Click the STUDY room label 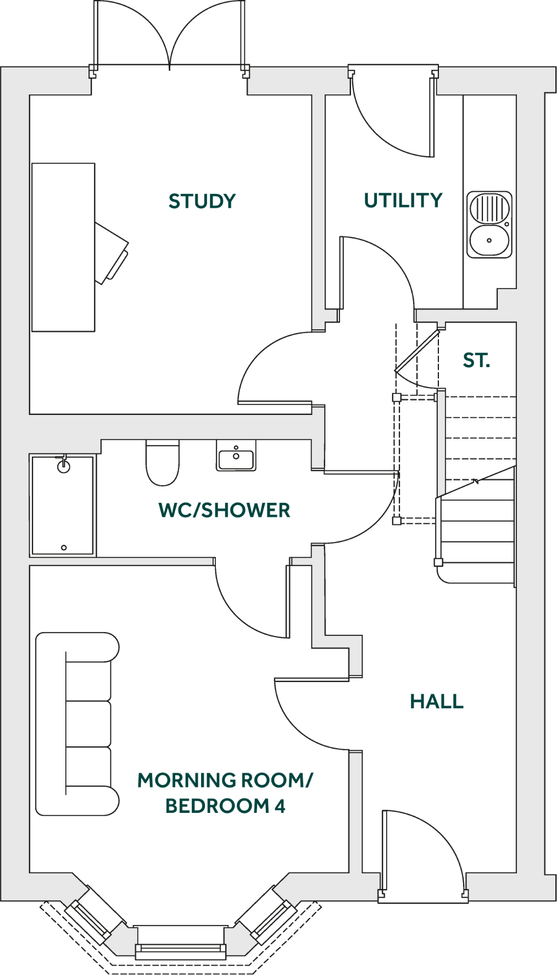(202, 201)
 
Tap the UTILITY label (403, 201)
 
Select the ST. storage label (476, 361)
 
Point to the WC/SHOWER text (224, 511)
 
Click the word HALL (437, 702)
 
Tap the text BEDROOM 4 (225, 806)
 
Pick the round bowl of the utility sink (489, 240)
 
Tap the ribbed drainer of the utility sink (489, 208)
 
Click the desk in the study (63, 247)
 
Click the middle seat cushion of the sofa (88, 724)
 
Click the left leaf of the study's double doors (97, 33)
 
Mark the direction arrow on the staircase (476, 481)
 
